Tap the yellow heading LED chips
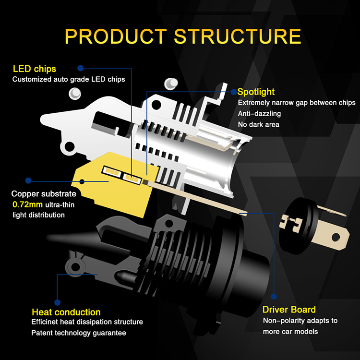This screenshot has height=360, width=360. (35, 69)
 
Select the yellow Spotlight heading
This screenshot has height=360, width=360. (256, 91)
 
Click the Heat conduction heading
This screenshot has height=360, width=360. (66, 312)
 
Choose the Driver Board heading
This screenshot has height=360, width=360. (289, 310)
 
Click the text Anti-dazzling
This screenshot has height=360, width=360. (259, 114)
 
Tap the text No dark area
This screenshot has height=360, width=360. (258, 125)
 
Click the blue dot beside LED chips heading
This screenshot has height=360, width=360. (81, 69)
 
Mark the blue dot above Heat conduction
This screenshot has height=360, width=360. (57, 302)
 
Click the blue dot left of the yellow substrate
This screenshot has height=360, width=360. (29, 181)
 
